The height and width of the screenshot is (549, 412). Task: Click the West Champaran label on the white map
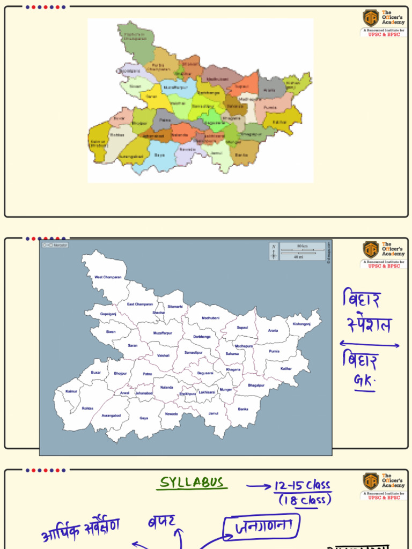(x=108, y=277)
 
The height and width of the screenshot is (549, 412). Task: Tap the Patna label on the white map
(x=147, y=374)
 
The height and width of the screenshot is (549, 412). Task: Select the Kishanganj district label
(x=301, y=324)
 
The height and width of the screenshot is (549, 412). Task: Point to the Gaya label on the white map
(x=144, y=418)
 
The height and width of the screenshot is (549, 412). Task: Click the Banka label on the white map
(x=243, y=409)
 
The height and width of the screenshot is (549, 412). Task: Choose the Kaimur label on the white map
(x=71, y=391)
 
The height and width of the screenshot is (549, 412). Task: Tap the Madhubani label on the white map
(x=211, y=318)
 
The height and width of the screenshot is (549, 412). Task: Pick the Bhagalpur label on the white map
(x=256, y=385)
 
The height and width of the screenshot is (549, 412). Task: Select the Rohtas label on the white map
(x=87, y=408)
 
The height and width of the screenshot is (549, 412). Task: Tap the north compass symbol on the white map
(x=274, y=251)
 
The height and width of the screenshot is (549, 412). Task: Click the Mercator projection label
(x=55, y=245)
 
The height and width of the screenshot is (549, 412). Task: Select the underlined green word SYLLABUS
(x=192, y=483)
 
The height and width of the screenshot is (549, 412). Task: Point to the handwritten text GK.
(x=364, y=381)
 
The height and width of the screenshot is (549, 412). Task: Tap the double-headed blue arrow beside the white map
(x=369, y=345)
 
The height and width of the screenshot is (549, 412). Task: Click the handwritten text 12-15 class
(x=302, y=486)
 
